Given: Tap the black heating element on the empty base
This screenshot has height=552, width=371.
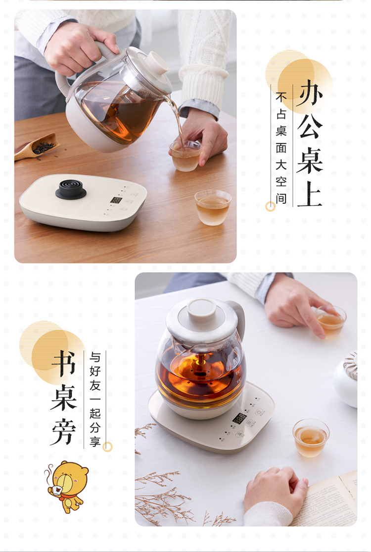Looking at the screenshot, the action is click(x=71, y=189).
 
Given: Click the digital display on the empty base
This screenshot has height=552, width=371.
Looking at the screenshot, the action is click(x=116, y=200).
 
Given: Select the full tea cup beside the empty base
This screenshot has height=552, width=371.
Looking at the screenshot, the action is click(x=213, y=207).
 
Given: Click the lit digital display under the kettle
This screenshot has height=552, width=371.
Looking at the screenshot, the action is click(x=240, y=418).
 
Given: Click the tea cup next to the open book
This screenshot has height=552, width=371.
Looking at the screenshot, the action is click(x=311, y=438).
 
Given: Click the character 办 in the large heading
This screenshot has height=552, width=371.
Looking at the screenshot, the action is click(x=310, y=93).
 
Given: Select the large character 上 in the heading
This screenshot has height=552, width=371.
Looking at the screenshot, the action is click(x=310, y=194).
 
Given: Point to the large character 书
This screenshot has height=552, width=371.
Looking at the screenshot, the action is click(x=64, y=364).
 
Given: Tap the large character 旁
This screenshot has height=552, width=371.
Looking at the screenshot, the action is click(x=64, y=432).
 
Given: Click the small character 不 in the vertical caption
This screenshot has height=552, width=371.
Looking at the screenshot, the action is click(x=281, y=97).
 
